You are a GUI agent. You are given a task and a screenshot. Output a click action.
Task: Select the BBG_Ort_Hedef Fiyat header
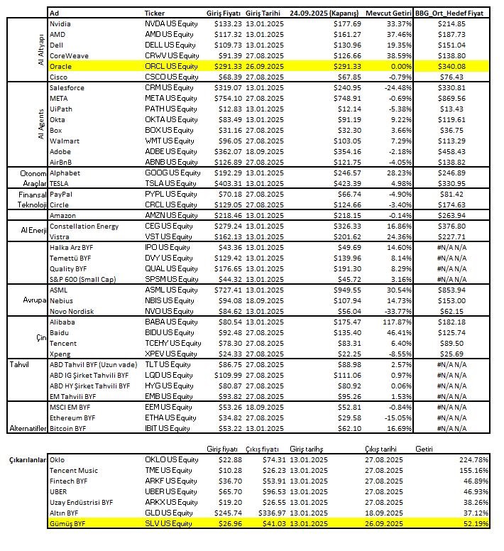[x=459, y=13]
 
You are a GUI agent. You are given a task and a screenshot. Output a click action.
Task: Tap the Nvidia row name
[x=61, y=23]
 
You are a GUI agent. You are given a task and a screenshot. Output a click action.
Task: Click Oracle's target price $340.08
[x=452, y=66]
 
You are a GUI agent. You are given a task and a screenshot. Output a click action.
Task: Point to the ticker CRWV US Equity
[x=172, y=55]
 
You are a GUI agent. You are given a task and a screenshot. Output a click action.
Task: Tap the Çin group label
[x=41, y=338]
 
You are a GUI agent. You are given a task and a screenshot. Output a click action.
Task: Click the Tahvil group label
[x=19, y=365]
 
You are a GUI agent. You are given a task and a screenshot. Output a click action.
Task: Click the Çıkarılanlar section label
[x=25, y=459]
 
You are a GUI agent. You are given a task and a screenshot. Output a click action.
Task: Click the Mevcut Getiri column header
[x=388, y=13]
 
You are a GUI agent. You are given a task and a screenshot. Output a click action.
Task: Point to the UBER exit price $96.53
[x=273, y=491]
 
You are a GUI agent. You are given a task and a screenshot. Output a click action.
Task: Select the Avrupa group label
[x=34, y=300]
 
